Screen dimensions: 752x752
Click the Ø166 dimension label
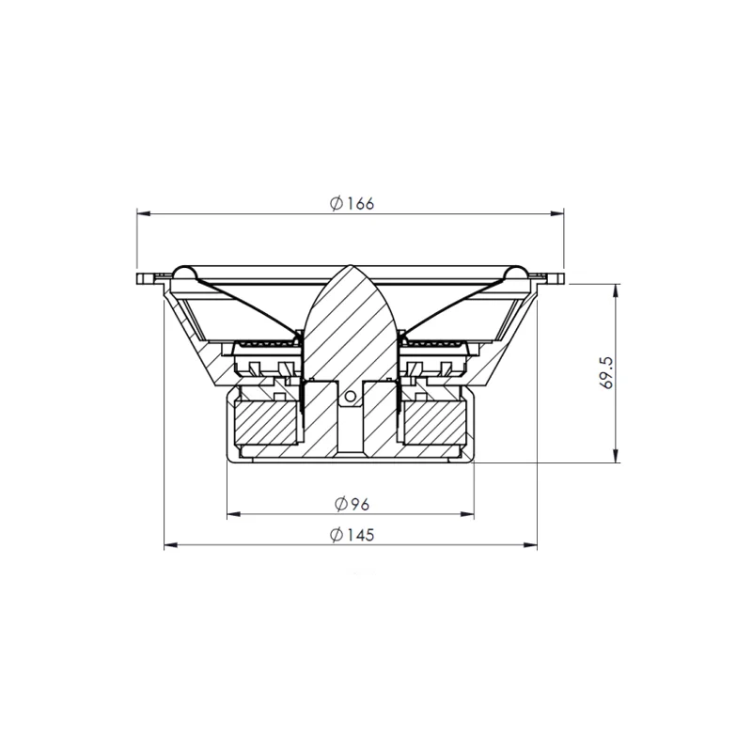click(352, 203)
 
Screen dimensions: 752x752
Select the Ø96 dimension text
click(352, 504)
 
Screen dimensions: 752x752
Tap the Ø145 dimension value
click(352, 535)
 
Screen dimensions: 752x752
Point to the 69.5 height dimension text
click(606, 372)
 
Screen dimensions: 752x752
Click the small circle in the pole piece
click(351, 396)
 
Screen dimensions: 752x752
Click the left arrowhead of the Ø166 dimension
click(144, 213)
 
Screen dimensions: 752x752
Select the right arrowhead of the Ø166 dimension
click(557, 213)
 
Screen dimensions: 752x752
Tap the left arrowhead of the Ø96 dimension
click(233, 514)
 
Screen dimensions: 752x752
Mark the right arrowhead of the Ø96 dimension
click(467, 514)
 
